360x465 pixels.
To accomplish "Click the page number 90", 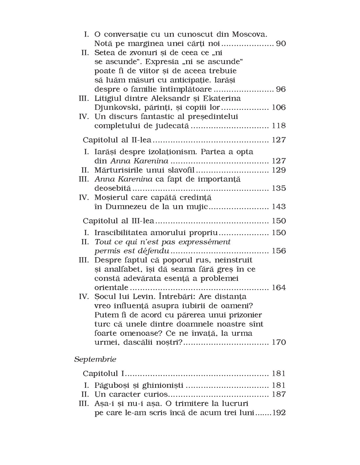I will click(x=281, y=43).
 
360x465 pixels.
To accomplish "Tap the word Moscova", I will click(x=250, y=34).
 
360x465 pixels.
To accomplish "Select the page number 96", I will click(x=281, y=89).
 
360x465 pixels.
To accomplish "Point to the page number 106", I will click(x=279, y=108).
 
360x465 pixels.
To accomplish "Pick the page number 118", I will click(x=279, y=126).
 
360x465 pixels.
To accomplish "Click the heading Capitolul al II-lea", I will click(x=117, y=140).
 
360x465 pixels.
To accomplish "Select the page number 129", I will click(x=279, y=170).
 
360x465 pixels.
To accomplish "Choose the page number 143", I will click(x=279, y=207).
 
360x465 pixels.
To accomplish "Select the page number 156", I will click(x=279, y=251).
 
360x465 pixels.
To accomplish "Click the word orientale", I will click(x=111, y=288).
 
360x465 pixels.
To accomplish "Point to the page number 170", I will click(x=279, y=342).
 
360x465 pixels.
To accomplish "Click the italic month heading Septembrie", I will click(x=95, y=359).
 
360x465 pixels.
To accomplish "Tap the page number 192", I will click(x=279, y=413).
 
